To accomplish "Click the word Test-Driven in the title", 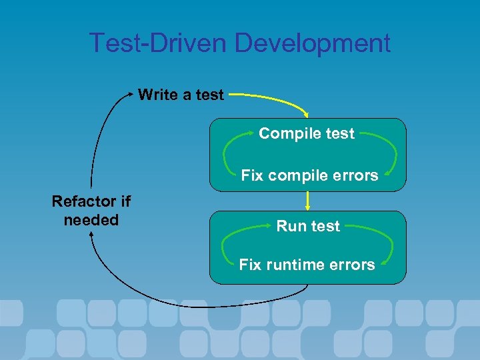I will pos(159,43).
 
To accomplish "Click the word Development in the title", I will pos(313,43).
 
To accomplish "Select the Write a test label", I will pos(181,95).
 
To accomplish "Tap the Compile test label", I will pos(307,133).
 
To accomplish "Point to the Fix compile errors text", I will pos(309,175).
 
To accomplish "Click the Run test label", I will pos(308,226).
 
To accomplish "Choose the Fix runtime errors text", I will pos(307,265).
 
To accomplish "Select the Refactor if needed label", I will pos(91,210).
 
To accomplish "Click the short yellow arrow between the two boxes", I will pos(307,200).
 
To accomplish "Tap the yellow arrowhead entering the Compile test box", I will pos(306,115).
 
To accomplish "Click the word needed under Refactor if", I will pos(91,219).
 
